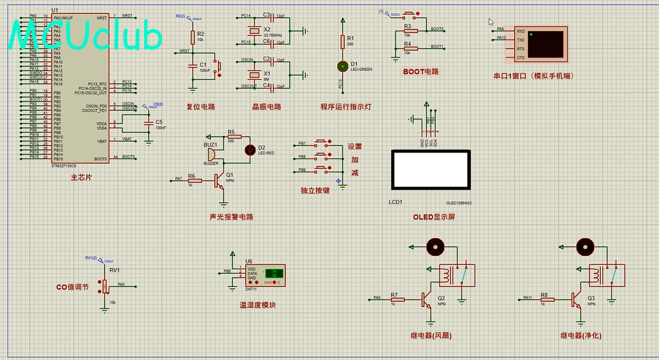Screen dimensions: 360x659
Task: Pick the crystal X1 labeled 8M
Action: pyautogui.click(x=254, y=74)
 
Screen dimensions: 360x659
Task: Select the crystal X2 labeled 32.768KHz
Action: pyautogui.click(x=254, y=30)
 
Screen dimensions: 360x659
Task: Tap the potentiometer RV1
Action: pyautogui.click(x=105, y=285)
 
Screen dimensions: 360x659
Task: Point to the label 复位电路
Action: pyautogui.click(x=201, y=107)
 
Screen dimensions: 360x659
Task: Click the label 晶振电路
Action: pyautogui.click(x=266, y=107)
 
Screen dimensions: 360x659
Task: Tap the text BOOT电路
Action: pyautogui.click(x=421, y=71)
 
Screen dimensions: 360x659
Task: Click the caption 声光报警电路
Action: pyautogui.click(x=231, y=216)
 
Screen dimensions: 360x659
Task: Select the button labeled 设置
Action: pyautogui.click(x=320, y=144)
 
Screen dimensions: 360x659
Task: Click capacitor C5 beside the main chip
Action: pyautogui.click(x=149, y=123)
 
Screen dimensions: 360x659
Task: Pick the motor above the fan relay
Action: pyautogui.click(x=436, y=246)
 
